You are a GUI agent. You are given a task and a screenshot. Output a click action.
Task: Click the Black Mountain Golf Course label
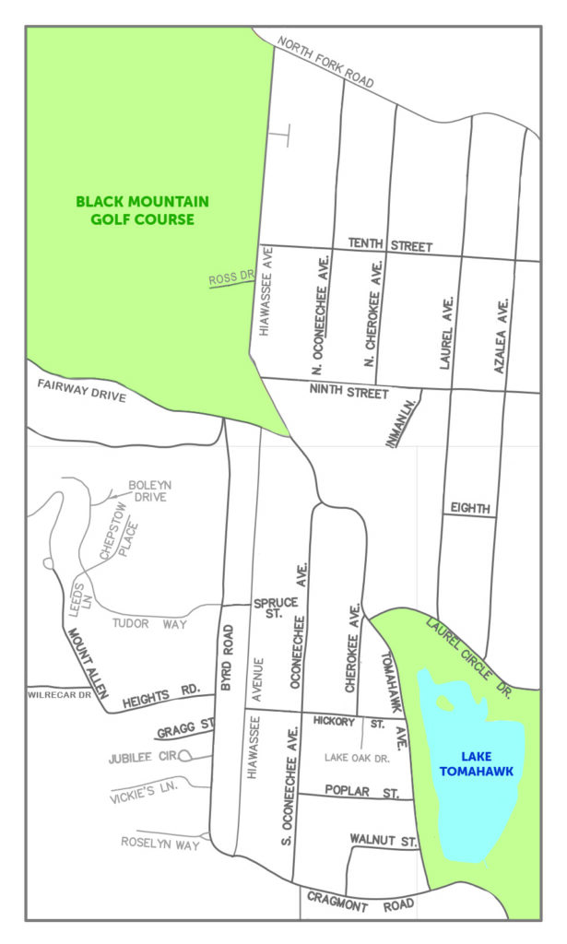[142, 210]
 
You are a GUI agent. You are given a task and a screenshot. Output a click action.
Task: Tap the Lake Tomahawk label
[475, 762]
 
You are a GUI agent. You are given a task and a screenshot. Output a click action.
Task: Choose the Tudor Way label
[149, 624]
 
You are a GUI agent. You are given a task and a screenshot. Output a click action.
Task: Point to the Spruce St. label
[275, 608]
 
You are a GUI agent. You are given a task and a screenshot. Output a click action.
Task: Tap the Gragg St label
[176, 732]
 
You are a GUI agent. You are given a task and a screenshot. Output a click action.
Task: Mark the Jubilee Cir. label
[142, 756]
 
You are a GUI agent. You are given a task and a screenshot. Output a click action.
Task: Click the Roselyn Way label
[160, 843]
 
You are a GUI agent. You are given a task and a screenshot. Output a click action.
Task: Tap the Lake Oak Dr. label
[359, 757]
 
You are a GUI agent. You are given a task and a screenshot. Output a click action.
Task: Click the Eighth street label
[469, 508]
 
